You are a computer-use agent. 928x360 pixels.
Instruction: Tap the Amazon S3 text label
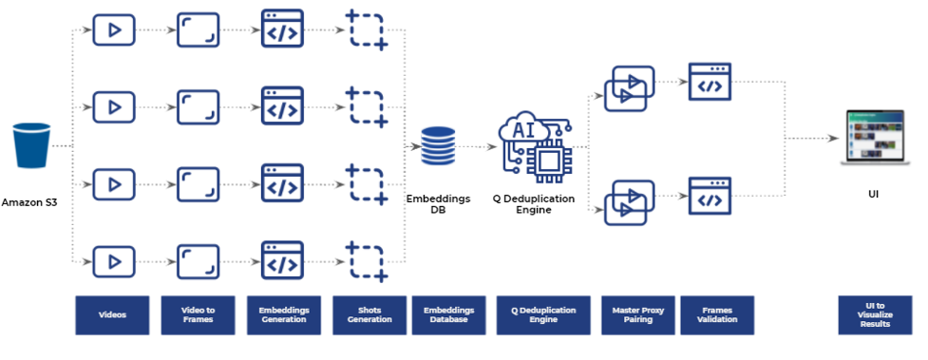coord(30,202)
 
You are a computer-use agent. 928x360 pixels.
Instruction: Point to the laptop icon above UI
coord(871,138)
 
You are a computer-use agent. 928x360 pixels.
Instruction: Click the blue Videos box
coord(112,315)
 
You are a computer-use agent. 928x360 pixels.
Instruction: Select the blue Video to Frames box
coord(198,315)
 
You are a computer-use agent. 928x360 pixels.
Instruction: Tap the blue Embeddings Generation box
coord(282,315)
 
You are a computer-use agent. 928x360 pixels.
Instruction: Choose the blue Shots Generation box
coord(369,315)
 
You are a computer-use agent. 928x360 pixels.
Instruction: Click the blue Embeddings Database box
coord(448,315)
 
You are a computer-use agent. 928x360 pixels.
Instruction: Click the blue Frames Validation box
coord(716,315)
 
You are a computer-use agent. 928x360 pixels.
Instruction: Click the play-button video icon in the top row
coord(113,29)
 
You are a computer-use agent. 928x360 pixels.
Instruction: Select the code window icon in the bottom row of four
coord(281,260)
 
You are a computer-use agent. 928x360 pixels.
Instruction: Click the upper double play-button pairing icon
coord(628,87)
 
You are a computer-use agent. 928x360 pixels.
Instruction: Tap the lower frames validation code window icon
coord(710,197)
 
